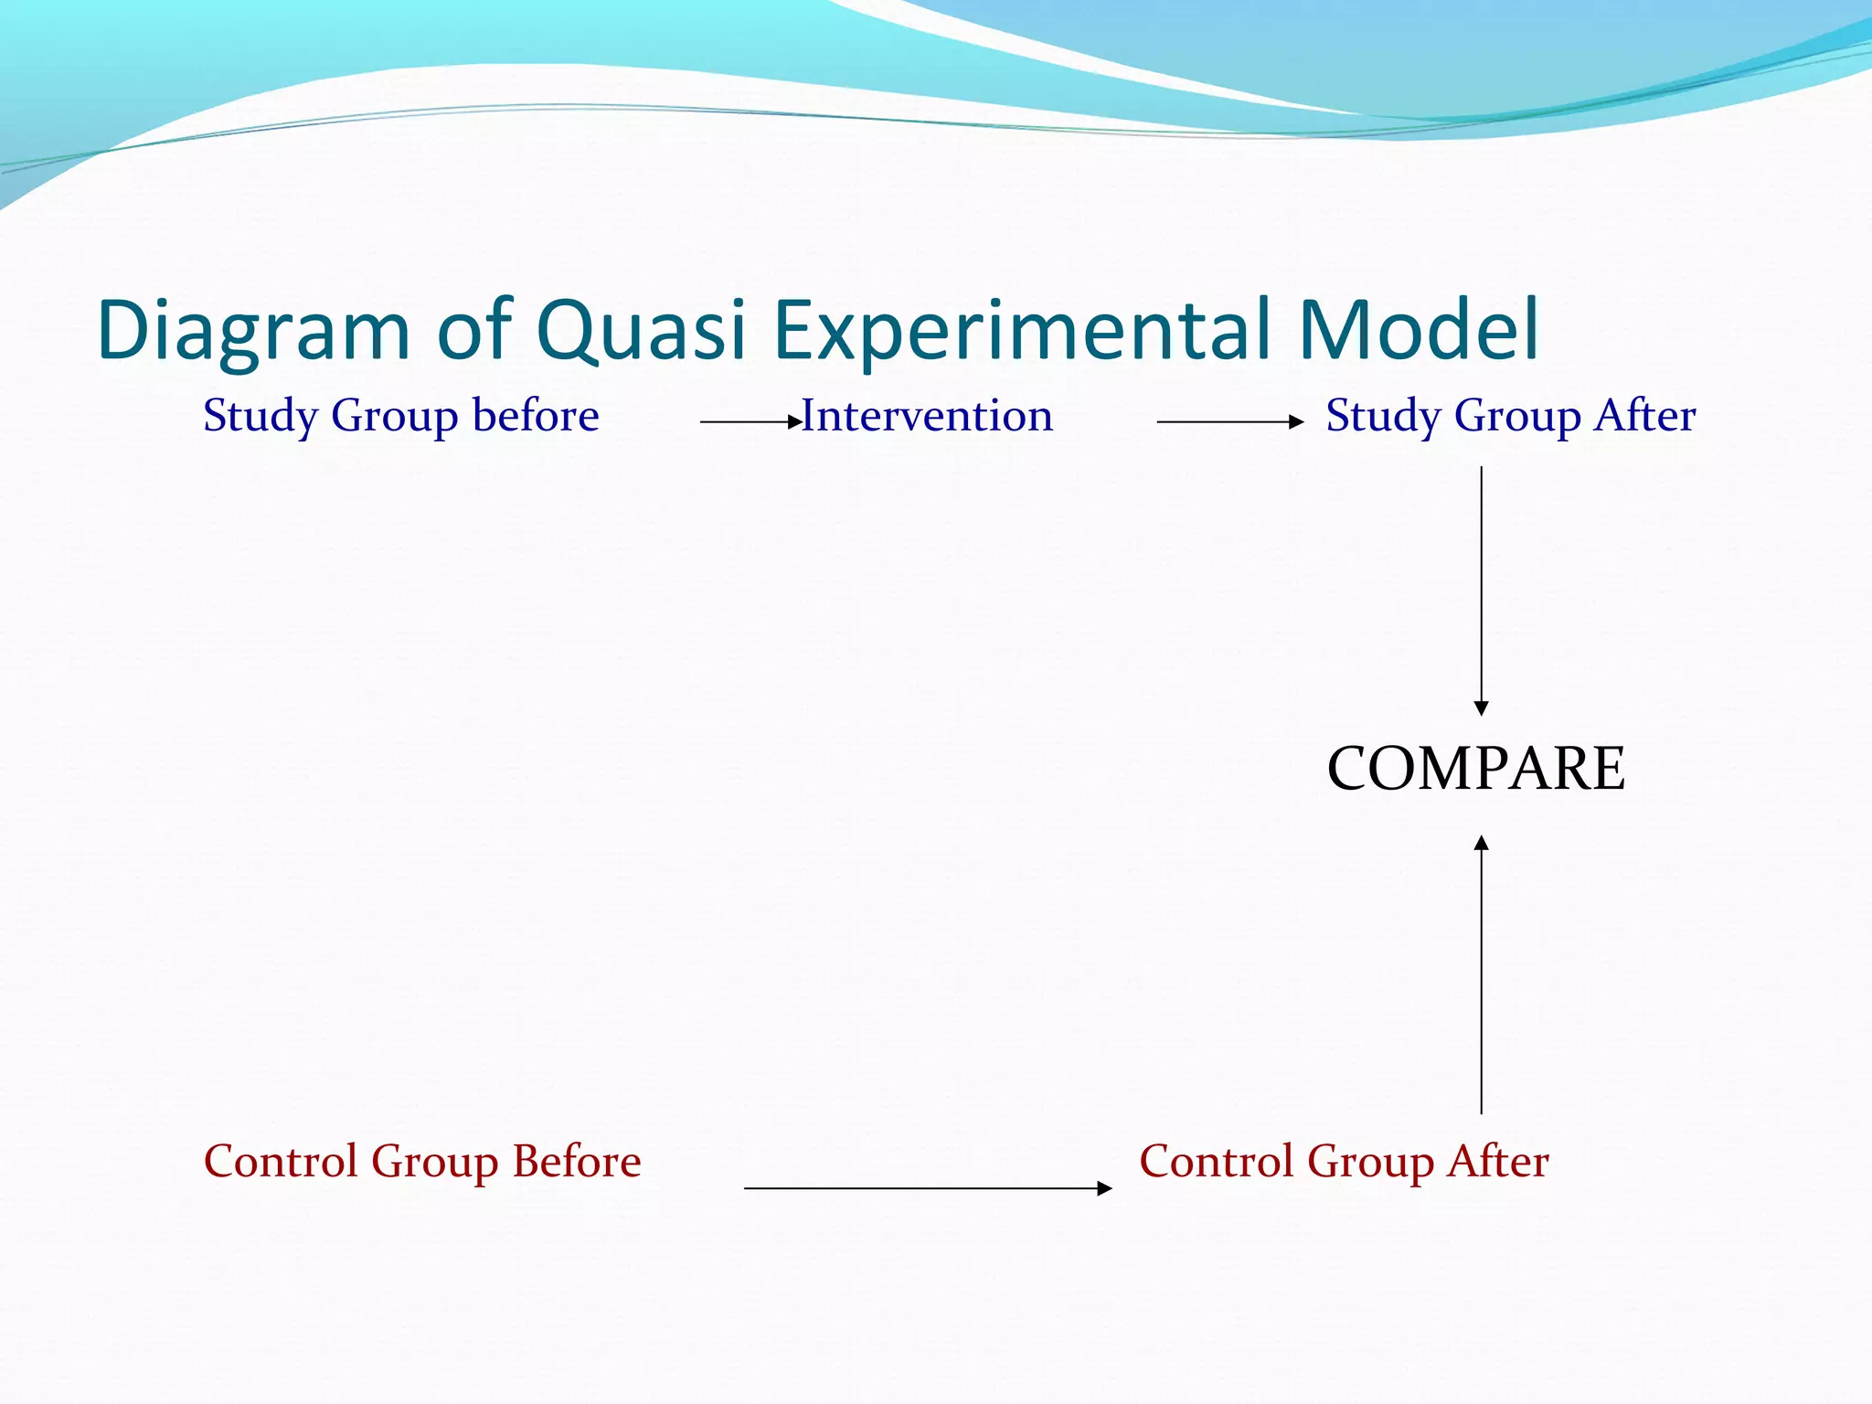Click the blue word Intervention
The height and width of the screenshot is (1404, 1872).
pyautogui.click(x=927, y=417)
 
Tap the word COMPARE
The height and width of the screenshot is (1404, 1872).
pyautogui.click(x=1475, y=769)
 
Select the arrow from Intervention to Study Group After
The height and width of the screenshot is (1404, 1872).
pyautogui.click(x=1229, y=422)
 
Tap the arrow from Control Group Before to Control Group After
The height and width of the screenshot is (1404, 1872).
pyautogui.click(x=927, y=1188)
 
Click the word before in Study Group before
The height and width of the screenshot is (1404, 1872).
pyautogui.click(x=536, y=416)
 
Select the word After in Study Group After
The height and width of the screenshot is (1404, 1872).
pyautogui.click(x=1645, y=416)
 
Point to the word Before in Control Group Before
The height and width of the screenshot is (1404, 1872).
pyautogui.click(x=576, y=1162)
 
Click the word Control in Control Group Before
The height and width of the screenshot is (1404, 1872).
pyautogui.click(x=280, y=1162)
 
